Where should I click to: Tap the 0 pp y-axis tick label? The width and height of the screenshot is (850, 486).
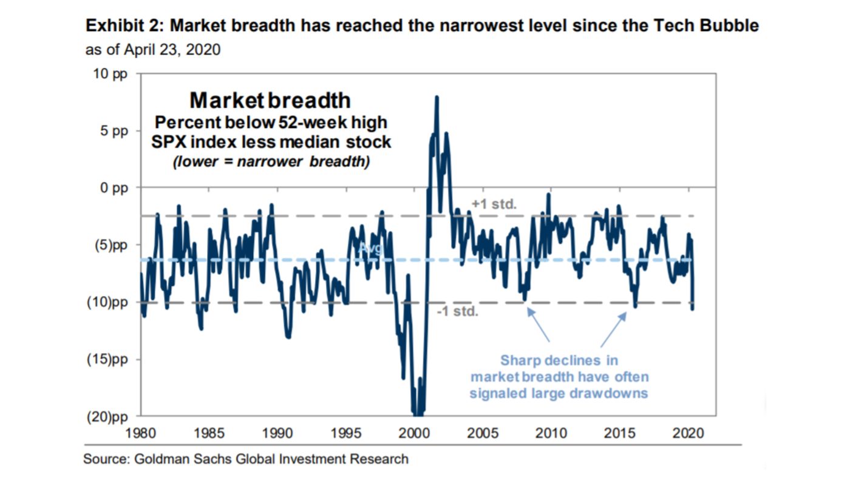pos(115,188)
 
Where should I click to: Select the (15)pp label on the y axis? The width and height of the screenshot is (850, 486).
pos(109,359)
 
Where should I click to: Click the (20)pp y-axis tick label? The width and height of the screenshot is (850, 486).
pos(109,416)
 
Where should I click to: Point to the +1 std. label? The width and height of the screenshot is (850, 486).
pos(494,204)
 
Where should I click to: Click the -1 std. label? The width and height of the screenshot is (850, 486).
pos(458,312)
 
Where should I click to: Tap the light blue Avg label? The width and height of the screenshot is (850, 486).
pos(370,248)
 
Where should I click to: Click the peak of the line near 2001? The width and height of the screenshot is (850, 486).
pos(437,97)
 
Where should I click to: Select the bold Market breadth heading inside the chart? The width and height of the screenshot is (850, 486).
pos(270,100)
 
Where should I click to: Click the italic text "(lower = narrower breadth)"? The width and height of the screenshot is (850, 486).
pos(271,163)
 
